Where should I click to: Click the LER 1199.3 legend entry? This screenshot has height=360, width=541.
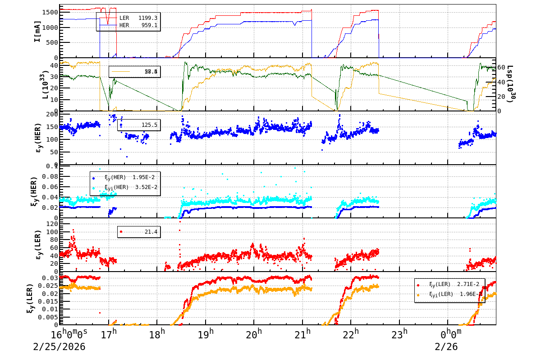[x=138, y=18]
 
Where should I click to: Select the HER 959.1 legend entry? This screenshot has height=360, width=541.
[x=138, y=25]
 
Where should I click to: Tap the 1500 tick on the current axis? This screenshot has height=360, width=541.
[x=50, y=12]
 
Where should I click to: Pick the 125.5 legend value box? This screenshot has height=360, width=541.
[x=139, y=125]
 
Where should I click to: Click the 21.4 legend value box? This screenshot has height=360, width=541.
[x=139, y=231]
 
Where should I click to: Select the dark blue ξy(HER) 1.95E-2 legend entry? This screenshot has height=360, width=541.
[x=124, y=177]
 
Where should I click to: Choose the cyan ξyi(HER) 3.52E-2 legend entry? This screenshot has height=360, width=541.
[x=124, y=187]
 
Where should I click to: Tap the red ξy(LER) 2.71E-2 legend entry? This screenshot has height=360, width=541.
[x=449, y=285]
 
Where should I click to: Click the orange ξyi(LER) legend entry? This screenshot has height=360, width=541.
[x=449, y=295]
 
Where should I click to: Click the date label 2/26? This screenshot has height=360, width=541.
[x=446, y=347]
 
